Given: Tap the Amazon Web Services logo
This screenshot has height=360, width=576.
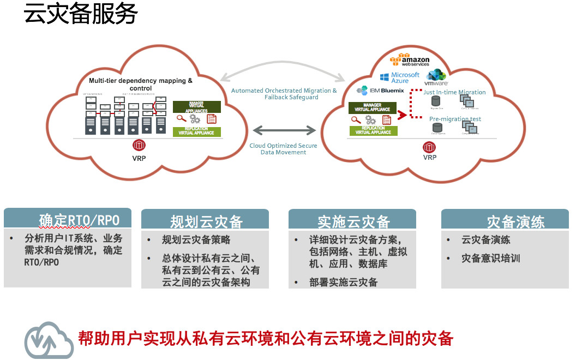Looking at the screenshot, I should click(x=410, y=59).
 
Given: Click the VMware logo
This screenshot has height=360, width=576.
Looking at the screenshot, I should click(x=436, y=78).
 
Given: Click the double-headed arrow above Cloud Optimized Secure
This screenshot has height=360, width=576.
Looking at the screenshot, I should click(x=284, y=130).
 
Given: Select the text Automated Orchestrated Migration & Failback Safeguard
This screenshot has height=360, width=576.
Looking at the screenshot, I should click(x=284, y=94).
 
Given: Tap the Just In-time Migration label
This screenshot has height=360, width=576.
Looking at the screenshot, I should click(x=454, y=92).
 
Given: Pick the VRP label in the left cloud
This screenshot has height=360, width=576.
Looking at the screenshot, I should click(x=139, y=159).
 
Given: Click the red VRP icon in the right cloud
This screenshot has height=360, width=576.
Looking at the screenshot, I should click(x=430, y=147).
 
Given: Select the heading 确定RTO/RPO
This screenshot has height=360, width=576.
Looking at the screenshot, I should click(x=79, y=220).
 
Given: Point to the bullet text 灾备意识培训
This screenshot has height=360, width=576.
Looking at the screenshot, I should click(x=490, y=258).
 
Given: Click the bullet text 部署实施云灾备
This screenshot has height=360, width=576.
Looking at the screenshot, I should click(x=343, y=282).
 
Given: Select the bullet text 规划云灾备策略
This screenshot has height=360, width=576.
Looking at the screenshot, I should click(x=196, y=240).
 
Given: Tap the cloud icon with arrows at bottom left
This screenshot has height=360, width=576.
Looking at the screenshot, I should click(x=49, y=340).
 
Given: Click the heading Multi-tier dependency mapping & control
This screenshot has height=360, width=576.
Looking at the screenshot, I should click(x=141, y=84).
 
